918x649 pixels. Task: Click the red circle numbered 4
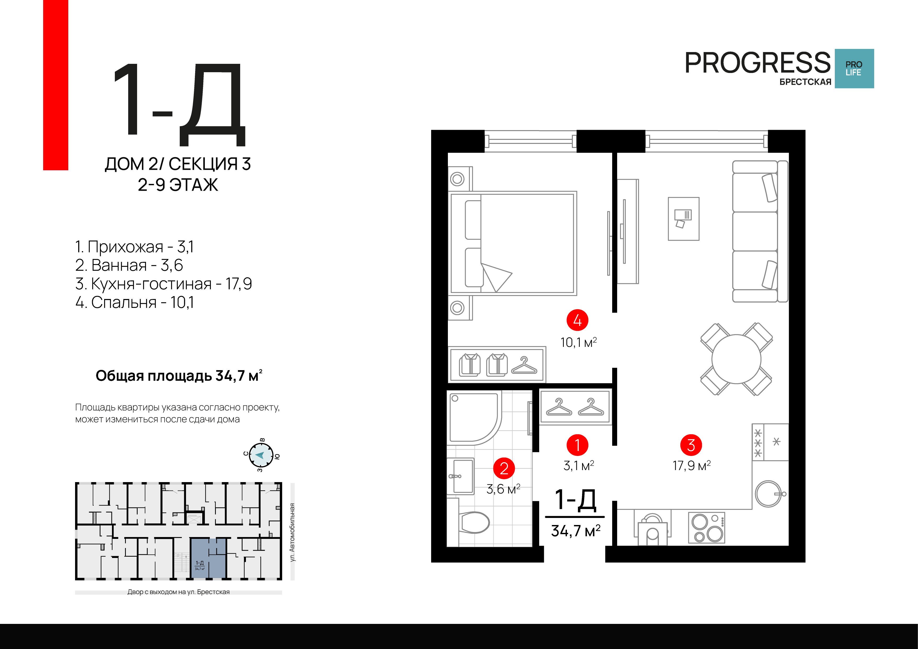577,320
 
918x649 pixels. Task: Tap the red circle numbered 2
504,468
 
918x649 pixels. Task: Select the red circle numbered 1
577,445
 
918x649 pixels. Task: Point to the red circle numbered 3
691,445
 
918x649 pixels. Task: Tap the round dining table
736,359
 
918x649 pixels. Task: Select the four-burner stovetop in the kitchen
707,527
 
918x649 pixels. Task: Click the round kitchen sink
768,494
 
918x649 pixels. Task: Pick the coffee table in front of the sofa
684,219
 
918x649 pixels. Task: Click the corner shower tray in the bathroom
474,418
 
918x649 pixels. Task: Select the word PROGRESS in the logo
758,63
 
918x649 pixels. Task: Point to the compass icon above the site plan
261,455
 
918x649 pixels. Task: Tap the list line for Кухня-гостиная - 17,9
164,284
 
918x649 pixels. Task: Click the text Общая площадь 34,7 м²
179,375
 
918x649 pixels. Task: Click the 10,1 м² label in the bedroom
578,342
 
